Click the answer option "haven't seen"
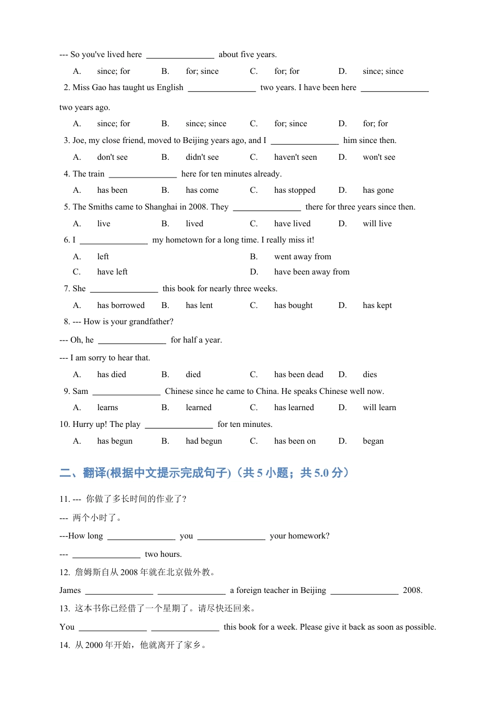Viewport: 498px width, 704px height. point(295,157)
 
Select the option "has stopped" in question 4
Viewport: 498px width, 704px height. point(295,190)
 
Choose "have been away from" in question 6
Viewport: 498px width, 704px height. point(311,272)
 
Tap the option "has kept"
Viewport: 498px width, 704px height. point(377,305)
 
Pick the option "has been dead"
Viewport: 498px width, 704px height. point(298,375)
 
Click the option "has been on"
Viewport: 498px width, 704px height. point(295,441)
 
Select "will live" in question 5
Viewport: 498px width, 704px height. point(377,224)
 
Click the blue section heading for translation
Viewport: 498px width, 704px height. point(204,473)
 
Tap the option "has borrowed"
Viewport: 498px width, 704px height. point(121,305)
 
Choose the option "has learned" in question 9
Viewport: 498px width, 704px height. point(294,408)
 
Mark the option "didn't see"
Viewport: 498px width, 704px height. point(202,157)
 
